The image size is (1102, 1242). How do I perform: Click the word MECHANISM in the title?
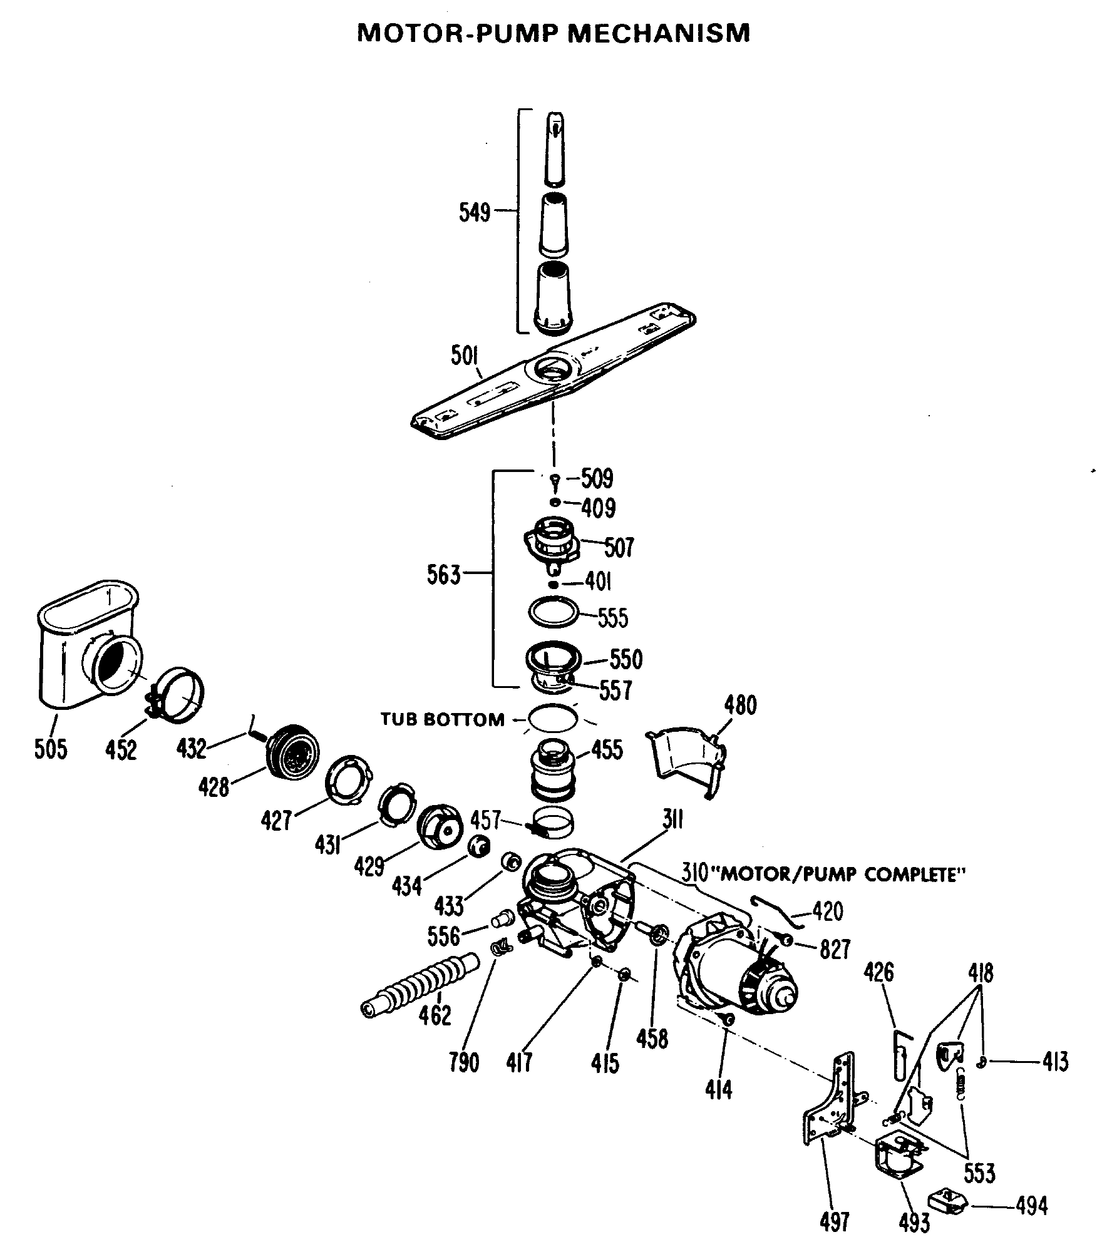coord(658,33)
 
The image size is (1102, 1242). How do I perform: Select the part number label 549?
coord(475,212)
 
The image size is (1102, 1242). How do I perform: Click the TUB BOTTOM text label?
coord(443,719)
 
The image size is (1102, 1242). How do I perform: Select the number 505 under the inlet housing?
coord(51,749)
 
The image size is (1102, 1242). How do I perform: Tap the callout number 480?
coord(740,706)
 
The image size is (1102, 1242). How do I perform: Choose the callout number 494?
coord(1031,1205)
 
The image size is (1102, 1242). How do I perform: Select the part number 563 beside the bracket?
coord(443,574)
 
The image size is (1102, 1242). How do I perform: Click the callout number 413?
coord(1055,1061)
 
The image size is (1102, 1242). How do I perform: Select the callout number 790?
coord(464,1062)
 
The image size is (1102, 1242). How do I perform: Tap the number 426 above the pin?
coord(879,972)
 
